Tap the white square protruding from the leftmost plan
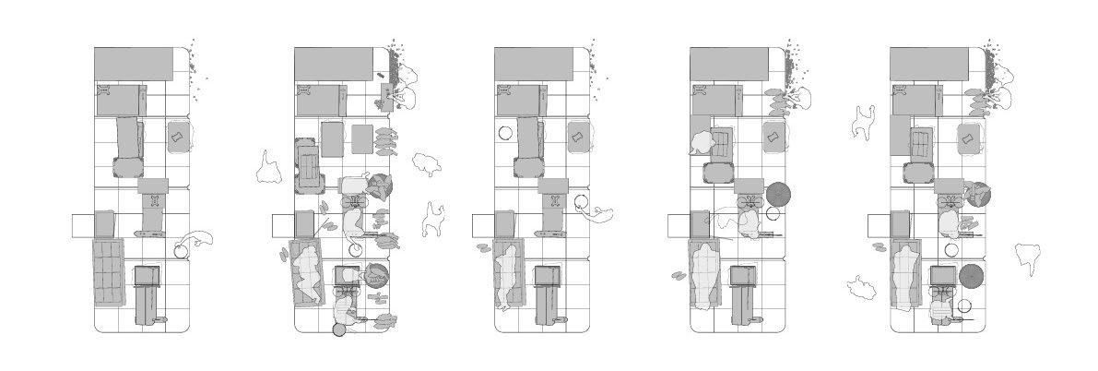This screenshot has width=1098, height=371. coord(83,225)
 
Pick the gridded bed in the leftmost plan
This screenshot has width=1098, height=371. coord(108,270)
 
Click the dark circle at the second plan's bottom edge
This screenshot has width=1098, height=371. coord(339,329)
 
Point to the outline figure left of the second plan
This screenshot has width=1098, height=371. coord(269,166)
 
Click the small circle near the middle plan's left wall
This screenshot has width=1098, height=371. coord(504,132)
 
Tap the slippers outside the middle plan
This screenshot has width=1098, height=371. coord(483,246)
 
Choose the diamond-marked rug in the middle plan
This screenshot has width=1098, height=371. coord(577,138)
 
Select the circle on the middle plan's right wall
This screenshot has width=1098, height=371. coord(581,201)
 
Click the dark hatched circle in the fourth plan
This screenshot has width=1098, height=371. coord(778,194)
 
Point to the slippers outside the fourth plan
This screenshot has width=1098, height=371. coord(679,275)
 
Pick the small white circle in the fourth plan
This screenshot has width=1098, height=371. coord(773,214)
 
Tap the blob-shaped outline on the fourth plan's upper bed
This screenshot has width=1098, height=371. coord(701,143)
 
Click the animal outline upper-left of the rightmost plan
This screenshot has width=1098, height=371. coord(864,122)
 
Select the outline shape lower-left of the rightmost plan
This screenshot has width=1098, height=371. coord(863,288)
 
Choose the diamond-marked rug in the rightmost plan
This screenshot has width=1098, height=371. coord(968,138)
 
